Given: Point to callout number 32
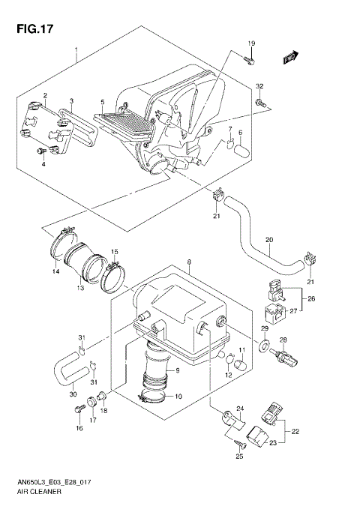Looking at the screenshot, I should click(x=259, y=87).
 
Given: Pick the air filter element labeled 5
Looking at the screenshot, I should click(x=120, y=122).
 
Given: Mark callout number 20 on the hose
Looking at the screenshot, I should click(x=268, y=241).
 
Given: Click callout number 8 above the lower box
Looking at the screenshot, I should click(x=190, y=262).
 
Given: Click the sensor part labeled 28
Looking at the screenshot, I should click(x=286, y=357).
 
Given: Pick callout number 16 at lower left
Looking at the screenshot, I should click(x=78, y=429).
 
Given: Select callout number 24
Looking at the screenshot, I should click(x=241, y=408).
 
